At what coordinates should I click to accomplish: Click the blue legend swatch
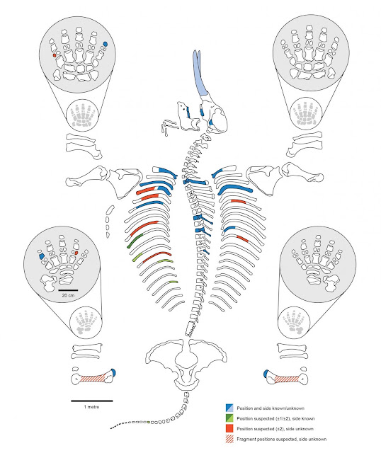[229, 408]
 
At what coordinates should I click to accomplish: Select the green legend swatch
[229, 418]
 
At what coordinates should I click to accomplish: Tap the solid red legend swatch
[229, 428]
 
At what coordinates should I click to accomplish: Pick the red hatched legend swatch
[229, 439]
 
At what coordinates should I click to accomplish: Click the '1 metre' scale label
[91, 407]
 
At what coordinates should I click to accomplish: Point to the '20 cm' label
[68, 295]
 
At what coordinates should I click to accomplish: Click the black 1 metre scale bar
[92, 401]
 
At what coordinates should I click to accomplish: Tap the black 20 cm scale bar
[68, 289]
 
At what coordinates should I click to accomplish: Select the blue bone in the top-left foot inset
[106, 44]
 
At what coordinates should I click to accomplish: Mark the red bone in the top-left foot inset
[55, 55]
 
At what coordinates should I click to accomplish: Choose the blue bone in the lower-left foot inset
[41, 256]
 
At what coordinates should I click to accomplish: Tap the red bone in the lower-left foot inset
[76, 253]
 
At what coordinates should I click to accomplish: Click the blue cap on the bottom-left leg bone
[114, 372]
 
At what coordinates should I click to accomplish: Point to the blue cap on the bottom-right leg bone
[266, 374]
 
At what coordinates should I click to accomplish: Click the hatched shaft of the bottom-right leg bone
[287, 379]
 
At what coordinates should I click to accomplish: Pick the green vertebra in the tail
[148, 422]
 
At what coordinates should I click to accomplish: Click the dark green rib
[135, 241]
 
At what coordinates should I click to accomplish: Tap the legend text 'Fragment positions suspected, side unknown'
[282, 439]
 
